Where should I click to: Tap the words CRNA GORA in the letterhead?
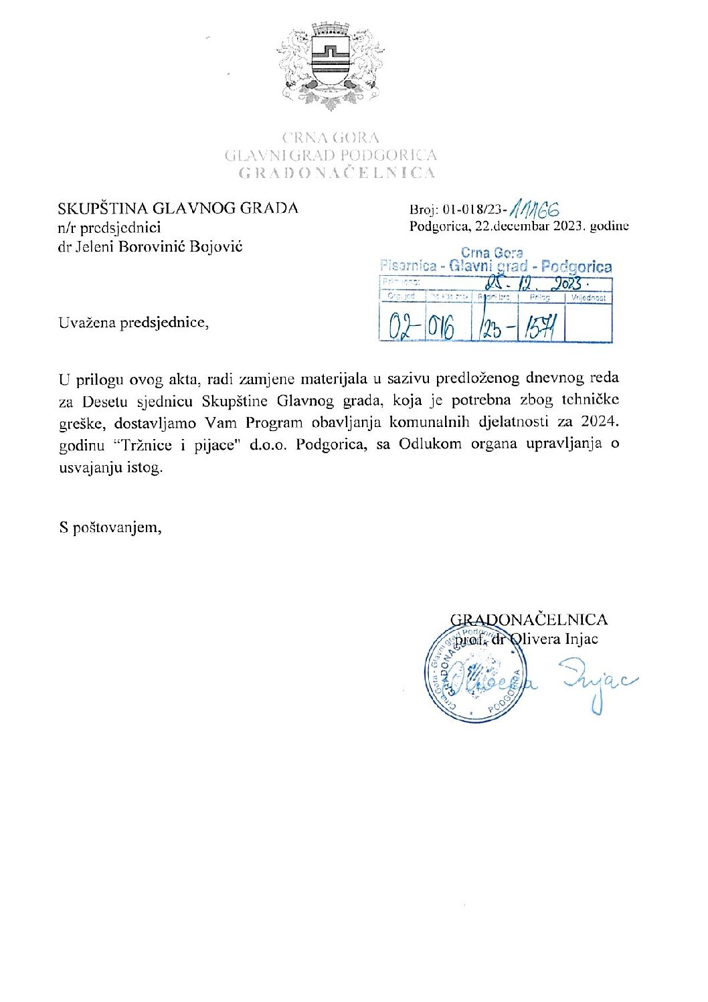(x=331, y=138)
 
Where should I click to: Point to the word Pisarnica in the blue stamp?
(x=408, y=266)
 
